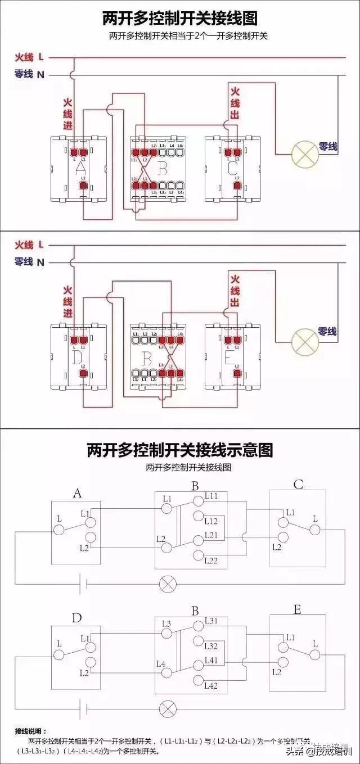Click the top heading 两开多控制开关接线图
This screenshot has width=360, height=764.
tap(180, 19)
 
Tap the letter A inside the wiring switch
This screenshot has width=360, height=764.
tap(80, 168)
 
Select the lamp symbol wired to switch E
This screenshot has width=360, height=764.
tap(304, 341)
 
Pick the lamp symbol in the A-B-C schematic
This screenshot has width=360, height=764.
tap(167, 583)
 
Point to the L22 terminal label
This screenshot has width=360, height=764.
tap(211, 560)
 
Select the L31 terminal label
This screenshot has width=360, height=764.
tap(211, 621)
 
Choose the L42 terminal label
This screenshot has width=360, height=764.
tap(211, 685)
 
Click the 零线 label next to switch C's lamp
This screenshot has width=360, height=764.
tap(327, 147)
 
